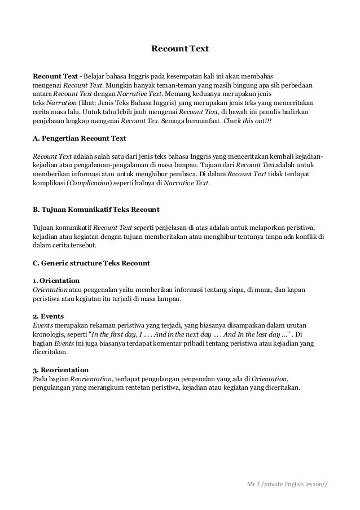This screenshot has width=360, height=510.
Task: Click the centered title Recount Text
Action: pos(180,49)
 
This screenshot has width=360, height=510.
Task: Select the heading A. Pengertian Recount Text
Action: pos(80,138)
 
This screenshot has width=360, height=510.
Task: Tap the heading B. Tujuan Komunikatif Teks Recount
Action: pos(96,210)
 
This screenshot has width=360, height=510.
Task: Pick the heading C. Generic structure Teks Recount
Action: pos(91,263)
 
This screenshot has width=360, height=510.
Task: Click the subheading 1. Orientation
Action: pos(56,281)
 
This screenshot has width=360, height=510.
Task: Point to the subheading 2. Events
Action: pos(48,316)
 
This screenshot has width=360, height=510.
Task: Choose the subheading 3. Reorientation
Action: pos(61,369)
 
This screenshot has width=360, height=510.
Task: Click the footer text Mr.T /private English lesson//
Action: pos(287,484)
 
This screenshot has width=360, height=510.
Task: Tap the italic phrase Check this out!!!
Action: pos(248,120)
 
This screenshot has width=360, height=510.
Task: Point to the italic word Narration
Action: pos(59,103)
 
